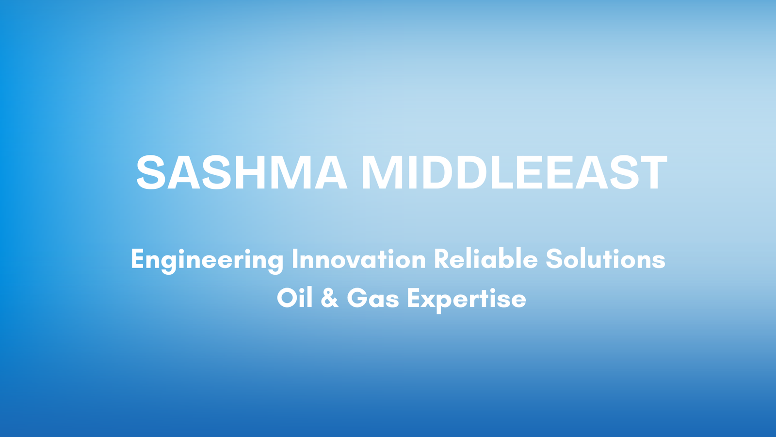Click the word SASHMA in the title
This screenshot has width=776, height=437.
click(x=242, y=172)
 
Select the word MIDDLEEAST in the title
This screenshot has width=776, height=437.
click(x=514, y=172)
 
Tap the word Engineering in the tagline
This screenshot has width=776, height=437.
click(x=207, y=260)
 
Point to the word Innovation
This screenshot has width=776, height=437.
click(x=359, y=259)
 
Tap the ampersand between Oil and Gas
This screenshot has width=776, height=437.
click(x=329, y=298)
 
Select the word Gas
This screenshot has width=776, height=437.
click(x=373, y=298)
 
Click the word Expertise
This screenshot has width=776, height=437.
click(x=467, y=300)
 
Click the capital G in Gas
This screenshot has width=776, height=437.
click(x=357, y=298)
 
